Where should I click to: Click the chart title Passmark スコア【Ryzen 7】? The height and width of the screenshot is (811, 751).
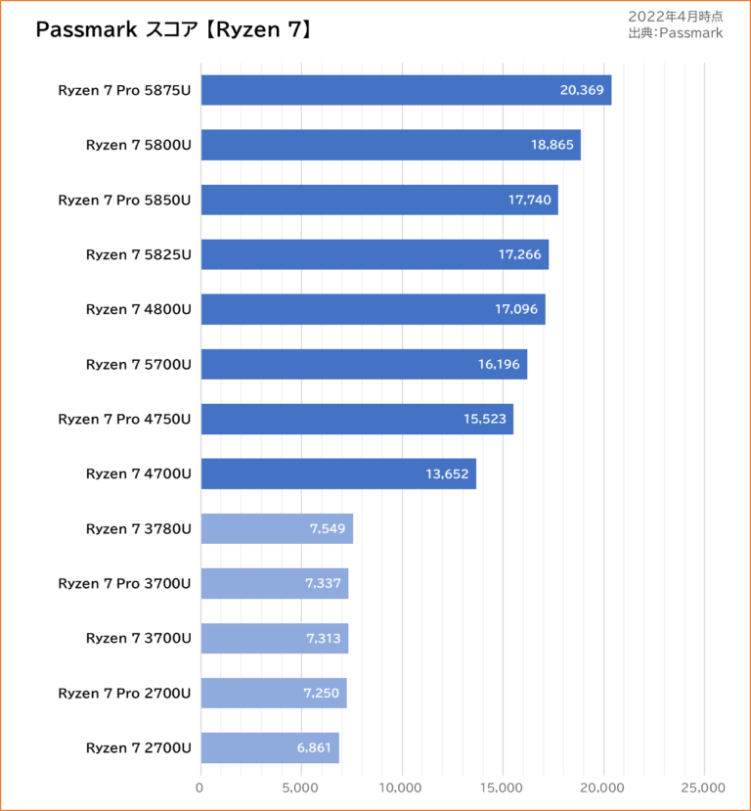click(173, 30)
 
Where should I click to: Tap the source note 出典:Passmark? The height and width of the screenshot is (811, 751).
click(676, 33)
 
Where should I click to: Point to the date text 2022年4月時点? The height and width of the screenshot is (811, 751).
click(676, 17)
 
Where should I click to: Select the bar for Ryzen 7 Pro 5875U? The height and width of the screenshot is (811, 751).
click(406, 90)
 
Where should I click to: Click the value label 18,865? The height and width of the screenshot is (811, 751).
click(552, 145)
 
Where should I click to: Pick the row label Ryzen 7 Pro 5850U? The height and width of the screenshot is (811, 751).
click(124, 200)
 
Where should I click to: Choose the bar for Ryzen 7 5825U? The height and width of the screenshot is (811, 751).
click(375, 254)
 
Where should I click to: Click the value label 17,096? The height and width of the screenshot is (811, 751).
click(516, 309)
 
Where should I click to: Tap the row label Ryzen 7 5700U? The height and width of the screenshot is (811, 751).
click(138, 364)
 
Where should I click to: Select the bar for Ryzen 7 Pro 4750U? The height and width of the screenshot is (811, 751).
click(357, 419)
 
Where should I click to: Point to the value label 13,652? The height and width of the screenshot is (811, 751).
click(448, 473)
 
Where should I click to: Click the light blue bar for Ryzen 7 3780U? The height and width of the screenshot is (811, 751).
click(277, 528)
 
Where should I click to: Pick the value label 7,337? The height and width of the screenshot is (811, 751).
click(323, 583)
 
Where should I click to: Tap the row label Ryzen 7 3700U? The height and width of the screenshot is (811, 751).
click(138, 638)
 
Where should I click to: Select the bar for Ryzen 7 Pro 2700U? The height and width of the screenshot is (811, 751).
click(274, 693)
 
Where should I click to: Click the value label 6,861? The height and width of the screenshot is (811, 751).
click(316, 747)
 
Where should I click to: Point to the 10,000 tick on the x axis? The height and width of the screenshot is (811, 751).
click(402, 788)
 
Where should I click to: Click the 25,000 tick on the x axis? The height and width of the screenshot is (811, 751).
click(703, 788)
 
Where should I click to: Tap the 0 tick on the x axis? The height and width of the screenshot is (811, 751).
click(200, 788)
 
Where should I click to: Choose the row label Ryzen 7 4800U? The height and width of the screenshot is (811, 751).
click(138, 309)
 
